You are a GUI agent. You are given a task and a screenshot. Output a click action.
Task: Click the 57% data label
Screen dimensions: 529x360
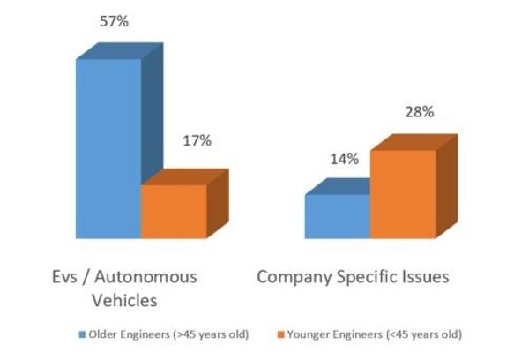click(x=114, y=21)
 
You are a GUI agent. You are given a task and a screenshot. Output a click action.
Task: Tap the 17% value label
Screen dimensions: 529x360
click(x=197, y=141)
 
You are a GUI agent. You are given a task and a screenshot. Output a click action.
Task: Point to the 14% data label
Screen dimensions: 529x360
click(x=345, y=159)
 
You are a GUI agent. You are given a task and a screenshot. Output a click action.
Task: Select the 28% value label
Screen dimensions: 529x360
click(x=420, y=112)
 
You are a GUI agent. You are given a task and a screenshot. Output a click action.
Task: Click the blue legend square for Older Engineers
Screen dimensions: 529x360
click(x=82, y=334)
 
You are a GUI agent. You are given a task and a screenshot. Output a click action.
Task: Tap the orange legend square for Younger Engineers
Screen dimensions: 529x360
click(x=280, y=334)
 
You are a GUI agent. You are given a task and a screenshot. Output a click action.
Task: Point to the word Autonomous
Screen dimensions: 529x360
click(x=145, y=277)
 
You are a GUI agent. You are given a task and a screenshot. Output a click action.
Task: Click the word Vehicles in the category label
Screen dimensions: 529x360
click(x=125, y=300)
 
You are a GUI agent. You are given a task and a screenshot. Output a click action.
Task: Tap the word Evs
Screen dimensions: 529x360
click(x=64, y=277)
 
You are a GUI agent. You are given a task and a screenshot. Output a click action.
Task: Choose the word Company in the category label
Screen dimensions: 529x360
click(x=294, y=278)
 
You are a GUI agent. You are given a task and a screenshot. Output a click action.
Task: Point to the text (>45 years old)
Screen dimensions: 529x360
click(x=211, y=335)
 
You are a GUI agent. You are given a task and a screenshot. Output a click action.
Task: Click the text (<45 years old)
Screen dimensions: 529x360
click(x=424, y=335)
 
